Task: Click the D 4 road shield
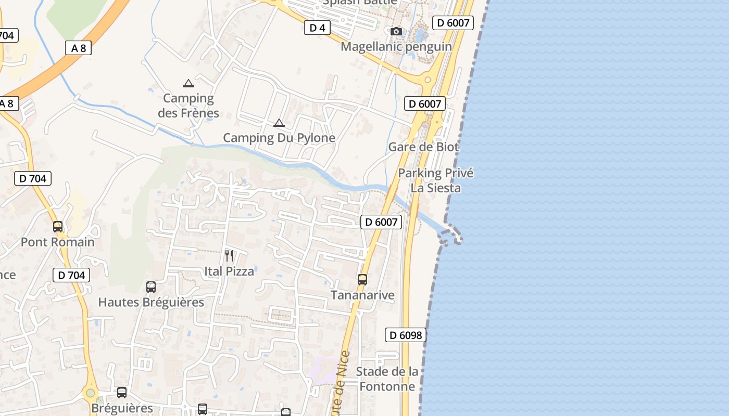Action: pyautogui.click(x=317, y=28)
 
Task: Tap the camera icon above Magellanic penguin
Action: pyautogui.click(x=396, y=32)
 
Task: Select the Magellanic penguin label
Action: pyautogui.click(x=396, y=47)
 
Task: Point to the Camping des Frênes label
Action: pyautogui.click(x=188, y=106)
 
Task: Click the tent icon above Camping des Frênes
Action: pyautogui.click(x=188, y=83)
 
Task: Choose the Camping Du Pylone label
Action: pyautogui.click(x=279, y=138)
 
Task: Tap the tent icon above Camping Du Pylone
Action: pyautogui.click(x=279, y=123)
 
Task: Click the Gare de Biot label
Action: pyautogui.click(x=423, y=147)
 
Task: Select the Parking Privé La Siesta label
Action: pyautogui.click(x=436, y=180)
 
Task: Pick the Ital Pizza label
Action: pyautogui.click(x=229, y=271)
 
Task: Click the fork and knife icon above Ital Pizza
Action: pyautogui.click(x=229, y=255)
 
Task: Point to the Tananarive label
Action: pyautogui.click(x=362, y=295)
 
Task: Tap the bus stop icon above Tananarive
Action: pyautogui.click(x=362, y=280)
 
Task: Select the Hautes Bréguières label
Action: pyautogui.click(x=151, y=302)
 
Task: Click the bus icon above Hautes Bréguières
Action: pyautogui.click(x=151, y=287)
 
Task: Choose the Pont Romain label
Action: pyautogui.click(x=58, y=242)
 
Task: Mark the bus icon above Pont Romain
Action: pyautogui.click(x=58, y=227)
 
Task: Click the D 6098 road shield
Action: pyautogui.click(x=406, y=335)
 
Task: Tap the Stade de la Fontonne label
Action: pyautogui.click(x=387, y=379)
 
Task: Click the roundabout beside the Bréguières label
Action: pyautogui.click(x=91, y=393)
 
